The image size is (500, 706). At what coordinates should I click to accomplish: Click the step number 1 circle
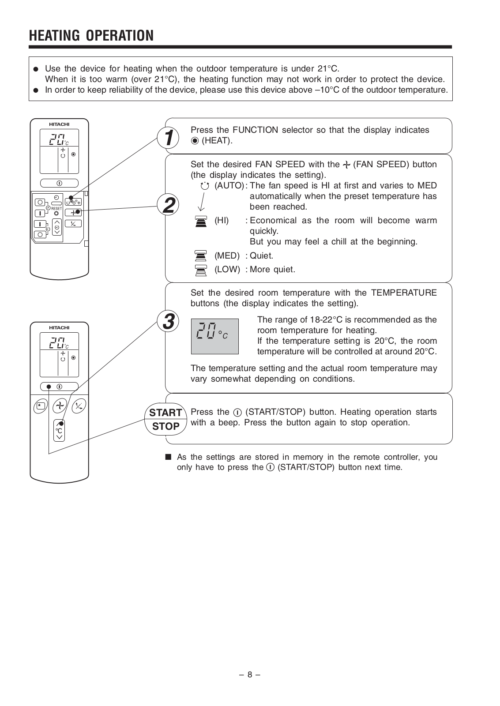(x=168, y=138)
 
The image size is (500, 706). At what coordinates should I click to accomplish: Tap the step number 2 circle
(x=168, y=205)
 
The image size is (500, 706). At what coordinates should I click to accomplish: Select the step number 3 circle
(x=168, y=321)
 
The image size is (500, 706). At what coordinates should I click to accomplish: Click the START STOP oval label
(x=165, y=419)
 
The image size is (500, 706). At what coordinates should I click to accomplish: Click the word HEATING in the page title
(x=55, y=35)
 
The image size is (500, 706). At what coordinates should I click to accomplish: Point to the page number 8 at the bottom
(x=249, y=674)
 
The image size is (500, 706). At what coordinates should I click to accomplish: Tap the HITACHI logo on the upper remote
(x=59, y=124)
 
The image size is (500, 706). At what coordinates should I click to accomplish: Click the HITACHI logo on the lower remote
(x=59, y=328)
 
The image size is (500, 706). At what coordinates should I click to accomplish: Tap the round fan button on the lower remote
(x=60, y=406)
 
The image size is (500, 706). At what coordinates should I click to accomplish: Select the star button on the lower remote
(x=40, y=406)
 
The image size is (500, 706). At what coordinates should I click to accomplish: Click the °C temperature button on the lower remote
(x=59, y=429)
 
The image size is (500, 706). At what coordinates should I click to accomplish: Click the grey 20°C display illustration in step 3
(x=214, y=336)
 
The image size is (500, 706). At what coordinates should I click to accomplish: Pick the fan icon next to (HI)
(x=201, y=221)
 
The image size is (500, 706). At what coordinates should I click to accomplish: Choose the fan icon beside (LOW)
(x=201, y=270)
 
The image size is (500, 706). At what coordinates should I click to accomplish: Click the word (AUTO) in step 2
(x=229, y=186)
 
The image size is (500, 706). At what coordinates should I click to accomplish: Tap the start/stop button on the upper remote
(x=59, y=183)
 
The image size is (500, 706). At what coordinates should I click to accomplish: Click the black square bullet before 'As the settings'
(x=168, y=457)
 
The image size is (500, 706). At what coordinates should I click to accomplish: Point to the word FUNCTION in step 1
(x=255, y=130)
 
